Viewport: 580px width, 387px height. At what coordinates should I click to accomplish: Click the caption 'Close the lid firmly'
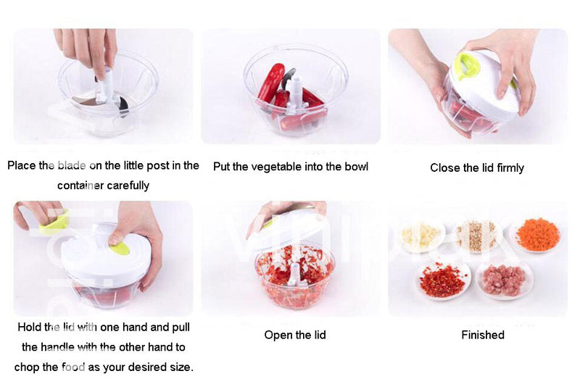pos(476,167)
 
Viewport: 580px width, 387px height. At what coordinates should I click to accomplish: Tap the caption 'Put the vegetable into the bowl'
pos(291,167)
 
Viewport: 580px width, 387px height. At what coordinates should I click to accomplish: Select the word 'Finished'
pos(482,335)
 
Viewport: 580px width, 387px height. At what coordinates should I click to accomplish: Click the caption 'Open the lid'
pos(294,335)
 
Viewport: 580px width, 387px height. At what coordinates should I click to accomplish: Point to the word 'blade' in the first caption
pos(71,165)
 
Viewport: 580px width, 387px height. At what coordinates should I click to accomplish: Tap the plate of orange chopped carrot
pos(537,236)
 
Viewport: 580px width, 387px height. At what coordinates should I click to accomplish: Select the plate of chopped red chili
pos(442,279)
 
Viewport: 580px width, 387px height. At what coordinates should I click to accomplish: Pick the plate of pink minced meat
pos(503,279)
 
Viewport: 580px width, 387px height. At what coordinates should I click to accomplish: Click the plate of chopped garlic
pos(421,236)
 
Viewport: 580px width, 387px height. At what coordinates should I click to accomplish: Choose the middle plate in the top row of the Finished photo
pos(476,236)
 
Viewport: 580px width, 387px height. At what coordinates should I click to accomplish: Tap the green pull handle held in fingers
pos(54,222)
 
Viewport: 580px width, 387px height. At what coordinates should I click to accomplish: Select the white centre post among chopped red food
pos(295,274)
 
